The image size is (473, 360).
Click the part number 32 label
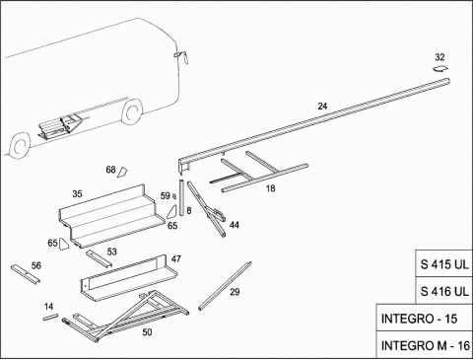[439, 57]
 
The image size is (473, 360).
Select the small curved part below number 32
[440, 69]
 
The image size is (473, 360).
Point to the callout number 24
[322, 107]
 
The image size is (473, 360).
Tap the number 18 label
[270, 188]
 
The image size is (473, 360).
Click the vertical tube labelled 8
[181, 197]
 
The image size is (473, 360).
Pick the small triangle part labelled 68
[122, 172]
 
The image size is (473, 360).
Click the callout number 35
[77, 194]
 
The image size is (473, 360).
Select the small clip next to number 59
[174, 196]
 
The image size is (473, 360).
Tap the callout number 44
[235, 225]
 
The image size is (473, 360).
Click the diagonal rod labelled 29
[225, 286]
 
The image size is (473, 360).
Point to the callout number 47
[176, 259]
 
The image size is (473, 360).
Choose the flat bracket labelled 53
[99, 258]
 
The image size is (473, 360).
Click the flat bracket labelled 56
[26, 274]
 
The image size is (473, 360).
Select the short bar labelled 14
[50, 317]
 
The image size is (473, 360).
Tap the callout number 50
[147, 332]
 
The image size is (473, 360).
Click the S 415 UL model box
[444, 263]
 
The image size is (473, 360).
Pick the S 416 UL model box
[444, 291]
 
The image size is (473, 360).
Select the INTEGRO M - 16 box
[425, 345]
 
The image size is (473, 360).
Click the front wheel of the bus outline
[21, 145]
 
